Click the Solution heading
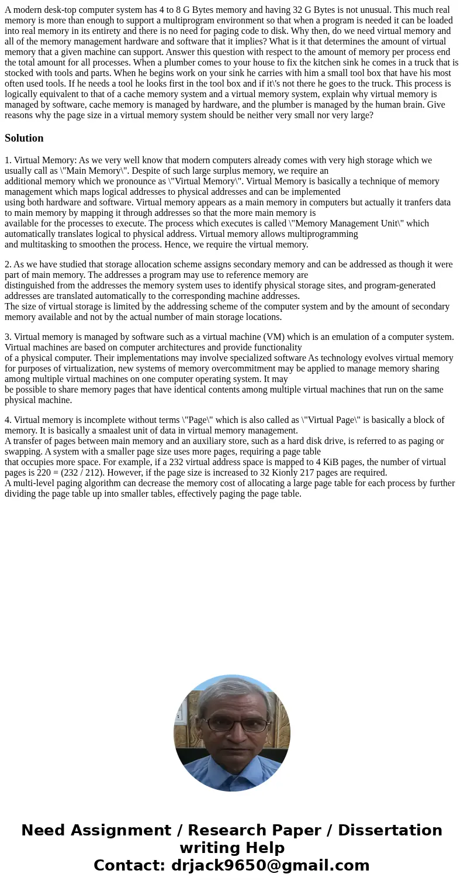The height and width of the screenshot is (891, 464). (x=24, y=138)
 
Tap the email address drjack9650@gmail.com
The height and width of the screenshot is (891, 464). (x=270, y=865)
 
